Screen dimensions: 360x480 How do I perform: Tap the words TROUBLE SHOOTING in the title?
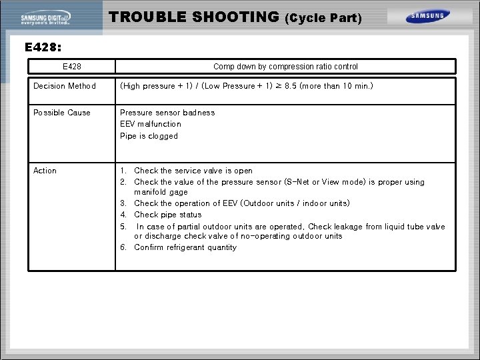coord(194,17)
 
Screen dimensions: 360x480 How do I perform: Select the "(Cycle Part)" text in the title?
coord(323,19)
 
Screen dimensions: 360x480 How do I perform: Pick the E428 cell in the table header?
coord(71,67)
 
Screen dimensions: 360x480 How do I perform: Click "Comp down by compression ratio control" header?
coord(285,67)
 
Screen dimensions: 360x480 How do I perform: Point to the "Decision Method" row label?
coord(65,86)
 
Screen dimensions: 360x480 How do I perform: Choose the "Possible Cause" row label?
coord(62,113)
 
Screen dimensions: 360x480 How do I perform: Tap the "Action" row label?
coord(45,171)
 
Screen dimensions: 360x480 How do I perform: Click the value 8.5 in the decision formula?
coord(289,86)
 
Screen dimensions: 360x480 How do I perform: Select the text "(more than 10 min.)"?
coord(337,86)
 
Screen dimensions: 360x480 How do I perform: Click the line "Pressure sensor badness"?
coord(167,113)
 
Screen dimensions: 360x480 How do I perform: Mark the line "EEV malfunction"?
coord(151,124)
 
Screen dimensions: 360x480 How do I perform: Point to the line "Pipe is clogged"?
coord(149,136)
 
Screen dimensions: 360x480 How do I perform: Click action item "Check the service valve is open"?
coord(193,171)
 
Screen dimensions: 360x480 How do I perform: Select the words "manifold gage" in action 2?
coord(161,192)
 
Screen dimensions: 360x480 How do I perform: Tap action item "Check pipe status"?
coord(167,215)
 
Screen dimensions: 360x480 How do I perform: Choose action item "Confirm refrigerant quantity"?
coord(185,247)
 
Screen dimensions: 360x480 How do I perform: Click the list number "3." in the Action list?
coord(123,203)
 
